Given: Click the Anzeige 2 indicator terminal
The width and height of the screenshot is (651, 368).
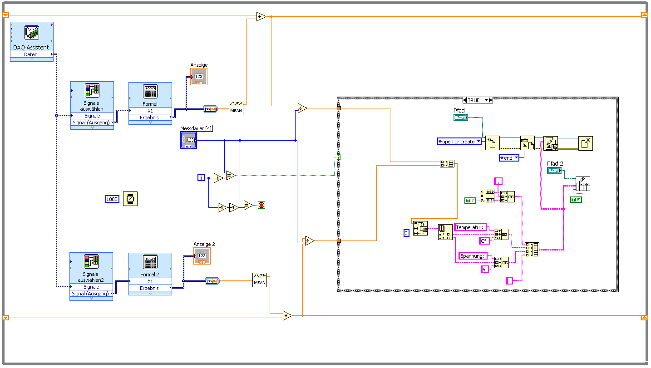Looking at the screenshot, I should pyautogui.click(x=202, y=256).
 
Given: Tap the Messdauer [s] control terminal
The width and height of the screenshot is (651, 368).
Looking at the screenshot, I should pyautogui.click(x=188, y=140).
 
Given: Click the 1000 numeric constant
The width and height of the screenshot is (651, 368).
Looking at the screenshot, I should pyautogui.click(x=112, y=199).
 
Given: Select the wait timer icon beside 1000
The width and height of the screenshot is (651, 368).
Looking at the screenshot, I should pyautogui.click(x=130, y=199).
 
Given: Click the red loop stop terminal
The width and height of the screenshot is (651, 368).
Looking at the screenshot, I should pyautogui.click(x=261, y=205).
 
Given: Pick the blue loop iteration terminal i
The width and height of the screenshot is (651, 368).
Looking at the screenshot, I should pyautogui.click(x=201, y=177).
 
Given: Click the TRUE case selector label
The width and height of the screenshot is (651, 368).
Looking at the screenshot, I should pyautogui.click(x=473, y=100).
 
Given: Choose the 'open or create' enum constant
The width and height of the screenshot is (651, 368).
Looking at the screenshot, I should pyautogui.click(x=459, y=142).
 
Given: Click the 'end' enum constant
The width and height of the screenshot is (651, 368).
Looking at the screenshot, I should pyautogui.click(x=509, y=158).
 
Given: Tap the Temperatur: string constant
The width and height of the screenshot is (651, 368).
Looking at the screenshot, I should pyautogui.click(x=470, y=227).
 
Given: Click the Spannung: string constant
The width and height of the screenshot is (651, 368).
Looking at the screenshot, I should pyautogui.click(x=473, y=256).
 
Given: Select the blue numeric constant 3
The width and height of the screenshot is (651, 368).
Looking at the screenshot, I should pyautogui.click(x=406, y=233).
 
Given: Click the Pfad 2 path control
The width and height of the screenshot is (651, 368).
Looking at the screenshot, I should pyautogui.click(x=554, y=171).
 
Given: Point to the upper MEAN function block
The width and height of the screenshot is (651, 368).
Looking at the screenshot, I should pyautogui.click(x=236, y=108).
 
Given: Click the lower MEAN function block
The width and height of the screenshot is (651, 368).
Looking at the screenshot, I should pyautogui.click(x=260, y=280).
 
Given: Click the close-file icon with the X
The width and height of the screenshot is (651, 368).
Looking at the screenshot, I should pyautogui.click(x=586, y=143).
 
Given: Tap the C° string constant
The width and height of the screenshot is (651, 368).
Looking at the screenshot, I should pyautogui.click(x=484, y=241).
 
